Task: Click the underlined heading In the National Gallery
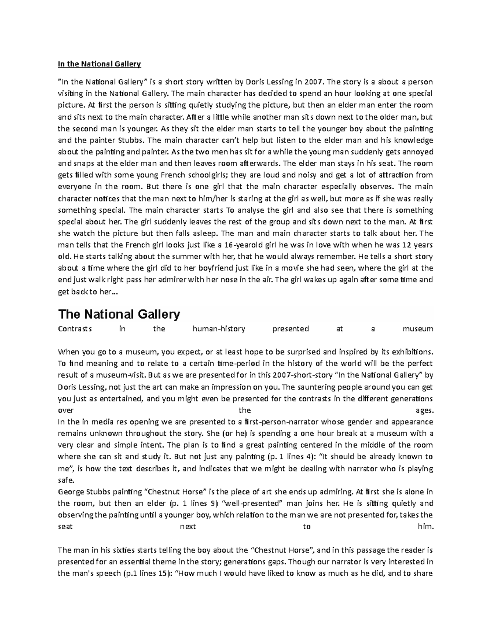pos(99,64)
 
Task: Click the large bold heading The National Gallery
pos(119,315)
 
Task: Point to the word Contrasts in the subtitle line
pos(75,328)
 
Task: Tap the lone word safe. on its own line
pos(66,480)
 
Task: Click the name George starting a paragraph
pos(71,491)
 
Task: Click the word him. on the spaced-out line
pos(425,527)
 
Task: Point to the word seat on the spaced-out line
pos(65,527)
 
